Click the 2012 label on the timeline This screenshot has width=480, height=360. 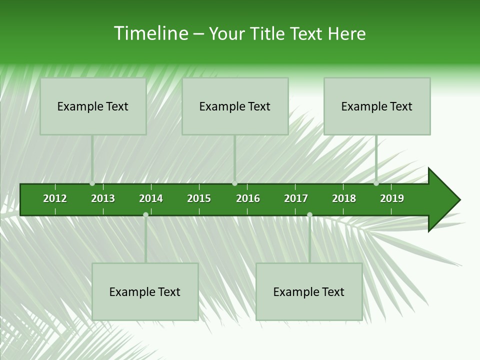tap(55, 198)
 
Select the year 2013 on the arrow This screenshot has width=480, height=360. tap(103, 198)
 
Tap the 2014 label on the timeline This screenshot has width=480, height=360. tap(151, 198)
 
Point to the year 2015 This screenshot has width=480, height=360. tap(199, 198)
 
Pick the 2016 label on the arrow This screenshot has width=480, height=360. tap(248, 198)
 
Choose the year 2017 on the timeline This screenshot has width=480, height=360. tap(296, 198)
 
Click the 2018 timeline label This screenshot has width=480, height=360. tap(344, 198)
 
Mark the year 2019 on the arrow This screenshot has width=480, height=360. tap(392, 198)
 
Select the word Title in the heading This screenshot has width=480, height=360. tap(268, 33)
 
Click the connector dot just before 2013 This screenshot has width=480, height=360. tap(92, 183)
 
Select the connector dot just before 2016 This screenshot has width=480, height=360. tap(234, 183)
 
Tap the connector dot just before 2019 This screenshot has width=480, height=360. tap(376, 183)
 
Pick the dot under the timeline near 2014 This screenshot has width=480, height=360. tap(145, 214)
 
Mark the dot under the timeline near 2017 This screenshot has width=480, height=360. tap(309, 214)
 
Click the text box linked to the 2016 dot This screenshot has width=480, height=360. tap(235, 106)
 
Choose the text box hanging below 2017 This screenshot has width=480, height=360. tap(309, 291)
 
